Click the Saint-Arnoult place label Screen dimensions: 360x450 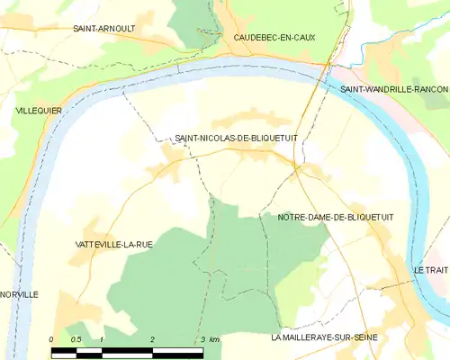(104, 29)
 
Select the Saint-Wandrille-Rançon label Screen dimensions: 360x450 (394, 89)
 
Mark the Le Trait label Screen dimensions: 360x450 (430, 270)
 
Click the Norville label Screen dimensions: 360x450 (19, 294)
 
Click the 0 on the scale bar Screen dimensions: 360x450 (52, 339)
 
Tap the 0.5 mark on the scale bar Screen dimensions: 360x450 (76, 339)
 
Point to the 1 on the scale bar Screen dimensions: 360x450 (103, 339)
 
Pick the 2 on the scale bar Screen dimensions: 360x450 (153, 339)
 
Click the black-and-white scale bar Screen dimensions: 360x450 (128, 349)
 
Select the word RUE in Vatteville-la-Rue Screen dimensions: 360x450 (139, 244)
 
